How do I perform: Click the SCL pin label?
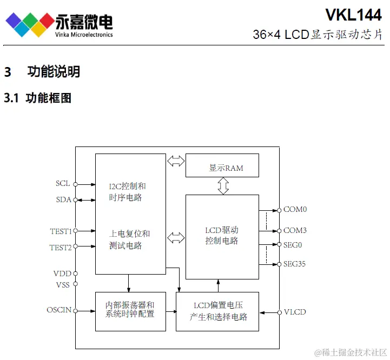coord(63,183)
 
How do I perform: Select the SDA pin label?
coord(63,199)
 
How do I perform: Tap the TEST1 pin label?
coord(61,231)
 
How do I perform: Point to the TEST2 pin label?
coord(61,247)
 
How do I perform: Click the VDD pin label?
coord(62,274)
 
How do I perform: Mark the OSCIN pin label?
coord(59,310)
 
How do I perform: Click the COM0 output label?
coord(295,209)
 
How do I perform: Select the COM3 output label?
coord(295,230)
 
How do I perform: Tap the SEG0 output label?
coord(293,244)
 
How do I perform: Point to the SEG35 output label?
coord(295,264)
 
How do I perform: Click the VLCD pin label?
coord(295,312)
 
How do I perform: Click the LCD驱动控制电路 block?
coord(222,236)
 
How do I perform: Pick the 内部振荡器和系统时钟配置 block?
coord(130,311)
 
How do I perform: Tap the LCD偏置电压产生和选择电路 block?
coord(217,311)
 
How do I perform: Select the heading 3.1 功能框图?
coord(38,98)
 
